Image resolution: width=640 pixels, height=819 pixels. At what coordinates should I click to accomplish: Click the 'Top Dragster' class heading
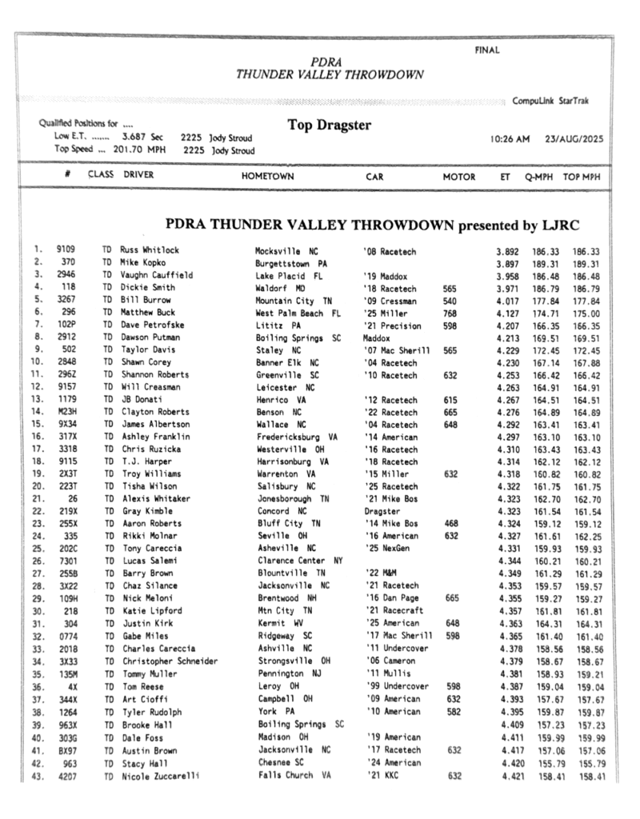pos(329,126)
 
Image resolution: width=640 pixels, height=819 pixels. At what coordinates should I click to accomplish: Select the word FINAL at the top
pos(487,50)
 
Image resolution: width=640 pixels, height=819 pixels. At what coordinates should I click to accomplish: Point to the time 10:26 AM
pos(510,138)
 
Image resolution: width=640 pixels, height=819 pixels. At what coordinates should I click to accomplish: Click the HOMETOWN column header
pos(267,176)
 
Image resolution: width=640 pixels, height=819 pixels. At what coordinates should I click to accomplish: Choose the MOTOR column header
pos(459,176)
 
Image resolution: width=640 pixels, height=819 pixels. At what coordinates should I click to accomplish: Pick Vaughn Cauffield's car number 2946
pos(66,275)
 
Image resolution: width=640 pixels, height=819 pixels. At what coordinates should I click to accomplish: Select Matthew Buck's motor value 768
pos(450,313)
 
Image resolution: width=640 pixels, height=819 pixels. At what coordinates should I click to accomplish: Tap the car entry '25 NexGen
pos(390,548)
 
